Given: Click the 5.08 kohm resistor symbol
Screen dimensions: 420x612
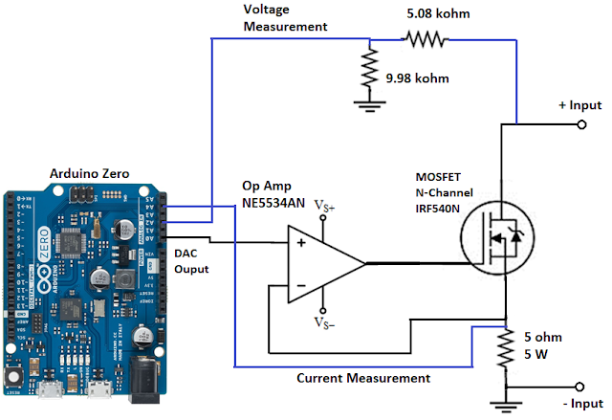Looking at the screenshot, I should click(423, 39).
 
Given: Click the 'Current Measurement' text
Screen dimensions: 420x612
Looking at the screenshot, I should click(363, 378).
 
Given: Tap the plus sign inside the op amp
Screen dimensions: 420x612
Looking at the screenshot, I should click(300, 243).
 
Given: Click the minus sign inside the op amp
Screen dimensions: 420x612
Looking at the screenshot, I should click(300, 285).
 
